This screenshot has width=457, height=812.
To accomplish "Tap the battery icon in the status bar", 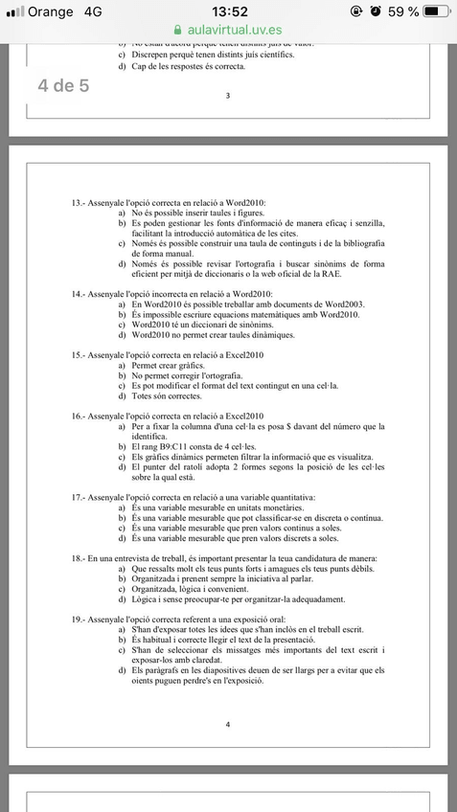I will [435, 11].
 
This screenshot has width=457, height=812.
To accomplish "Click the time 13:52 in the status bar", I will [229, 11].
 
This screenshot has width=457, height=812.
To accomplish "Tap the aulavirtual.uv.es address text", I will [236, 31].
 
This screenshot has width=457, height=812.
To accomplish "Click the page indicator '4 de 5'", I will [63, 85].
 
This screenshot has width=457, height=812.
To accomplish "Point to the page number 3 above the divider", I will [227, 96].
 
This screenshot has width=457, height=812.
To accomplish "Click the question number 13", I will [78, 204].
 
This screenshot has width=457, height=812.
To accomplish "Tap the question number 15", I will [78, 355].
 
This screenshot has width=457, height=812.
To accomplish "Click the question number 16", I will [78, 417].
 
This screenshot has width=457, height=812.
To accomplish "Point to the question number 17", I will [78, 499].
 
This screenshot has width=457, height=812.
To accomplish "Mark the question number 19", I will [78, 620].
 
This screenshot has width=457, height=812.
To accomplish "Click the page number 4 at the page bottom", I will [227, 724].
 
